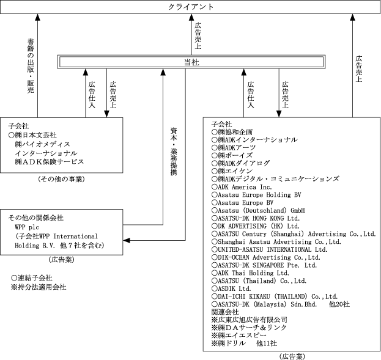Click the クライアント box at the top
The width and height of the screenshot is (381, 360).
[191, 7]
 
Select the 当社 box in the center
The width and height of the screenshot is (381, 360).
[191, 62]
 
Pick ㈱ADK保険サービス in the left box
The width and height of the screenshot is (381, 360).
[49, 162]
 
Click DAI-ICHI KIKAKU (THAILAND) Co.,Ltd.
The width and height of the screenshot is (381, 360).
[275, 296]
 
